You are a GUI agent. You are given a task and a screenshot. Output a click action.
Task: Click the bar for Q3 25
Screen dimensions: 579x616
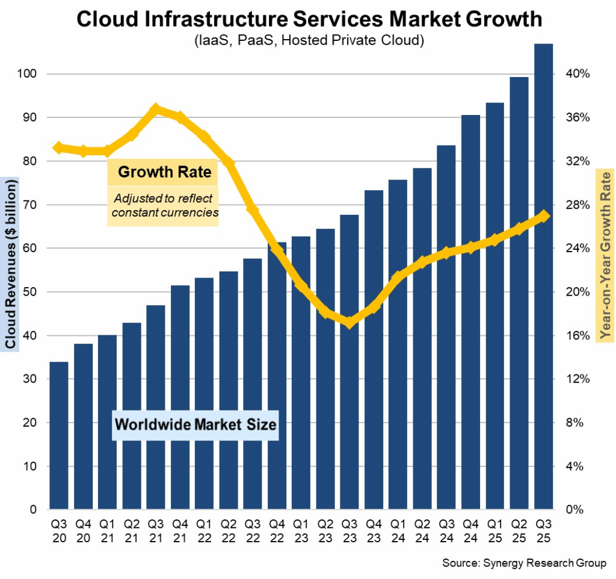click(x=544, y=277)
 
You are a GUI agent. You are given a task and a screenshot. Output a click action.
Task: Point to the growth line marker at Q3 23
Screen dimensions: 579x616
click(x=350, y=323)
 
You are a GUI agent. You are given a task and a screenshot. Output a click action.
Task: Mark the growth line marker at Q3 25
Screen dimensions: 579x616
click(x=543, y=216)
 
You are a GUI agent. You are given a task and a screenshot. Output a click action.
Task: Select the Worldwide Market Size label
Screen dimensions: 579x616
click(x=196, y=424)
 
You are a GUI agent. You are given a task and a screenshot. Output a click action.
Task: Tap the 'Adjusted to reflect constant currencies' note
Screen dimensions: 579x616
click(x=163, y=205)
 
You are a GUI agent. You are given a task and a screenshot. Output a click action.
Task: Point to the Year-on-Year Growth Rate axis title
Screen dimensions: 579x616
click(x=605, y=256)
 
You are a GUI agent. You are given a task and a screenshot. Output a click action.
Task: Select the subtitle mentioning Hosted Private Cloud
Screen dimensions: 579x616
click(x=309, y=40)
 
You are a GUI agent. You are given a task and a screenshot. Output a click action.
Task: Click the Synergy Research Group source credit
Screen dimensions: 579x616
click(x=524, y=563)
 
